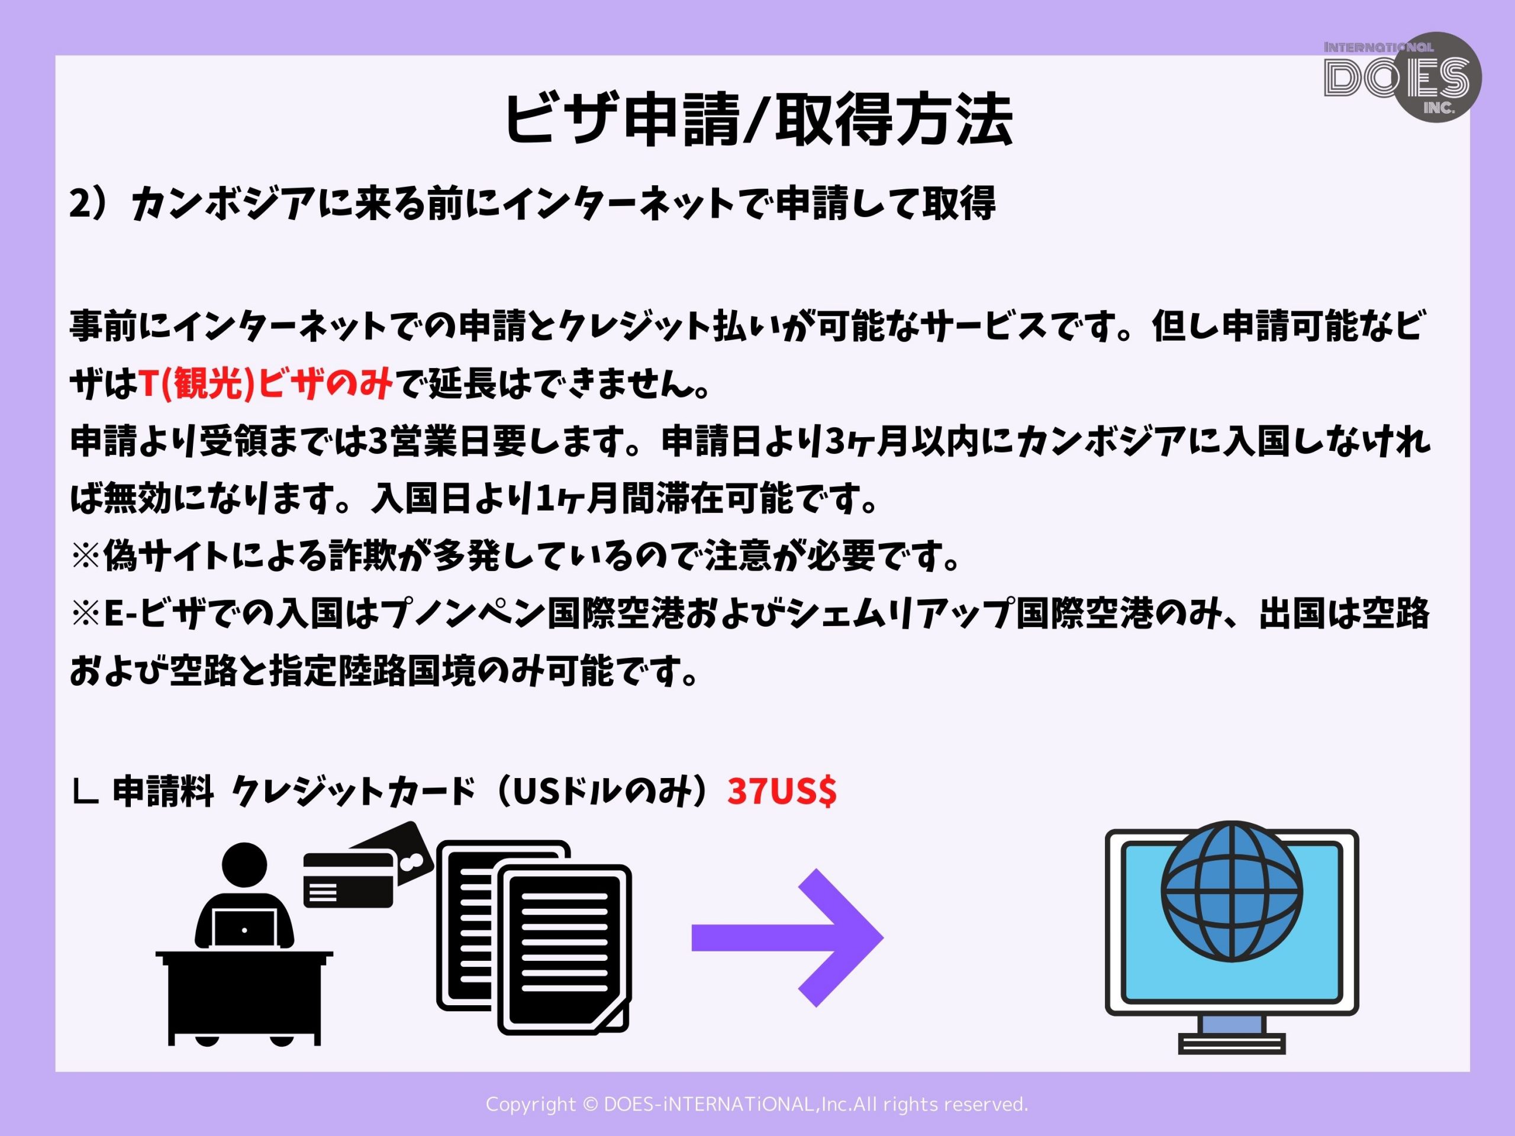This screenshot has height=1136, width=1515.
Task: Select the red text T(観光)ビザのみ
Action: click(266, 384)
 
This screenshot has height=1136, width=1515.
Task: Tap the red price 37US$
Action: click(782, 791)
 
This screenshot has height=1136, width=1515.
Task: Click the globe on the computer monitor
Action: click(1232, 891)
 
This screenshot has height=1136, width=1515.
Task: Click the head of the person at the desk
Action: click(244, 864)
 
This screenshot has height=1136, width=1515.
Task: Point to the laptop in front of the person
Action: click(244, 928)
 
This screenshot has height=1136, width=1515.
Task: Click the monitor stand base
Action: click(1232, 1043)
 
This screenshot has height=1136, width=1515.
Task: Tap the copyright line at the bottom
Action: click(757, 1104)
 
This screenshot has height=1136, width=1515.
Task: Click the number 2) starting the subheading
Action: click(95, 204)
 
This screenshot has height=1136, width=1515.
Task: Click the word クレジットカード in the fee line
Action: click(353, 792)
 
